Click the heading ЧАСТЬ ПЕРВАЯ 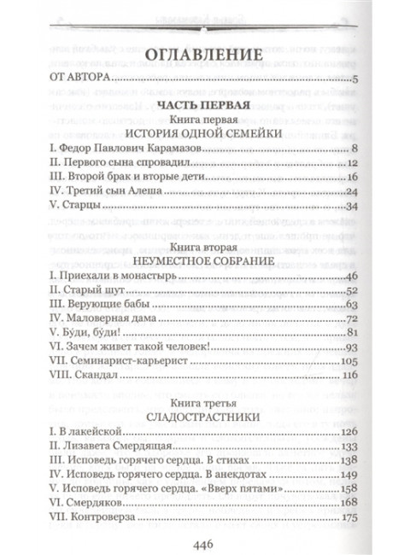pyautogui.click(x=205, y=105)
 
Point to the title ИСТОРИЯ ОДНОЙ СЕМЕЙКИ pyautogui.click(x=205, y=135)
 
